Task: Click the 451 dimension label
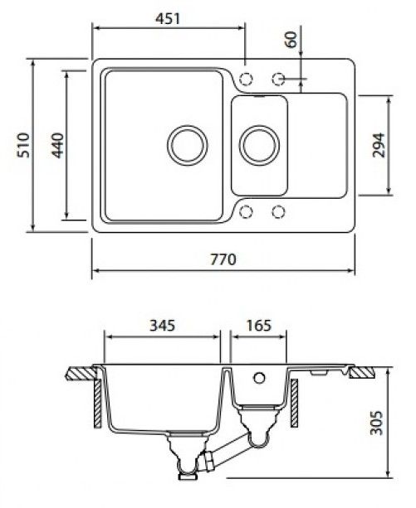tap(168, 18)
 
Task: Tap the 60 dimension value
tap(292, 39)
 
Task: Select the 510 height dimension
tap(24, 145)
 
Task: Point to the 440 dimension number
tap(58, 145)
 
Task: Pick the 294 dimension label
tap(379, 145)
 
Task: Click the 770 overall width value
tap(223, 259)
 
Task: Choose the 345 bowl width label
tap(162, 326)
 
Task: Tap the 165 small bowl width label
tap(258, 326)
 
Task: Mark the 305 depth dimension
tap(377, 423)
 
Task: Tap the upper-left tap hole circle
tap(246, 79)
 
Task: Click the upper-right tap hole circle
tap(278, 79)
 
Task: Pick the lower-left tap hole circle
tap(246, 212)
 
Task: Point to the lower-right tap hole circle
tap(278, 212)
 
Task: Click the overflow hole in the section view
tap(259, 377)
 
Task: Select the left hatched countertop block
tap(81, 373)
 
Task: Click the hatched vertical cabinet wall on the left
tap(98, 404)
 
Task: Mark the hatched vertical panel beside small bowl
tap(294, 403)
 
